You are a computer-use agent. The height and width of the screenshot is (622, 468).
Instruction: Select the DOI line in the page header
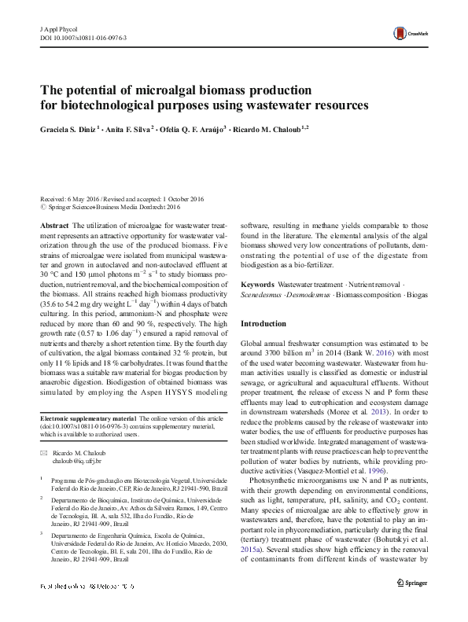(x=83, y=37)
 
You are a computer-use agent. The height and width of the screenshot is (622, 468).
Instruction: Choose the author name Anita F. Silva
(x=127, y=127)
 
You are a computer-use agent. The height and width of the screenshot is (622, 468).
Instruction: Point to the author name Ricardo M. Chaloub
(x=273, y=127)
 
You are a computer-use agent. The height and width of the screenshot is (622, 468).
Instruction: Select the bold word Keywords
(x=258, y=283)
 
